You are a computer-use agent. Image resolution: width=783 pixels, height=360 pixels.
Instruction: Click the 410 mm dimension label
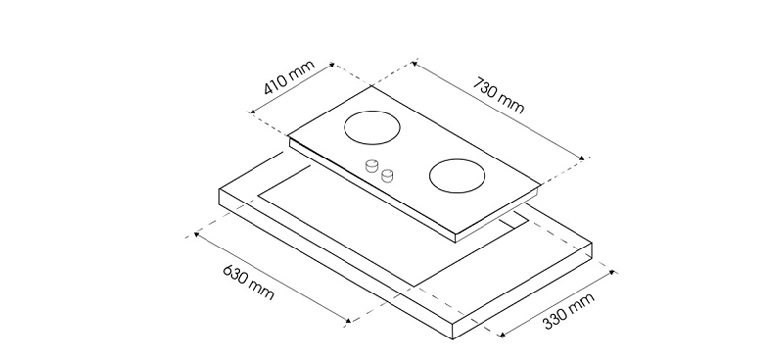point(290,77)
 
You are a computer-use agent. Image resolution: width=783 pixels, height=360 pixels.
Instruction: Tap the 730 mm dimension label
point(498,95)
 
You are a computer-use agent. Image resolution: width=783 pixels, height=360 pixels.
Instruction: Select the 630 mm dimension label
point(249,283)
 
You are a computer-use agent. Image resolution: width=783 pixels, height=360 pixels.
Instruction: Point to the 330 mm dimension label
point(569,311)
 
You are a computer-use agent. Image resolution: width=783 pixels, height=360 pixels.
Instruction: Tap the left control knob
point(372,166)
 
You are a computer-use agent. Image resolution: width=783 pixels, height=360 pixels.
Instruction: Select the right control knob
point(387,176)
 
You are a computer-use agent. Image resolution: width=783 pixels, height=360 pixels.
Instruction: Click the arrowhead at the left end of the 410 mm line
point(253,112)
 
